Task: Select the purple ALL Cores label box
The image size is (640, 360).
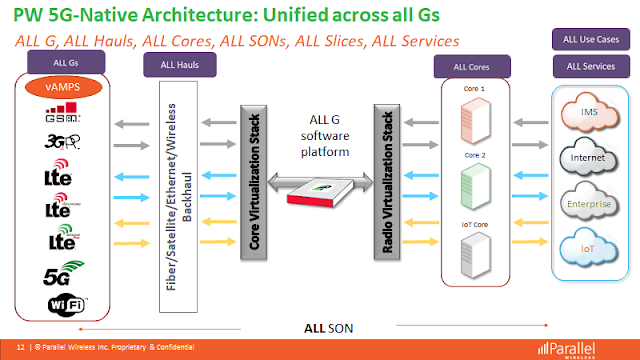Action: point(471,67)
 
